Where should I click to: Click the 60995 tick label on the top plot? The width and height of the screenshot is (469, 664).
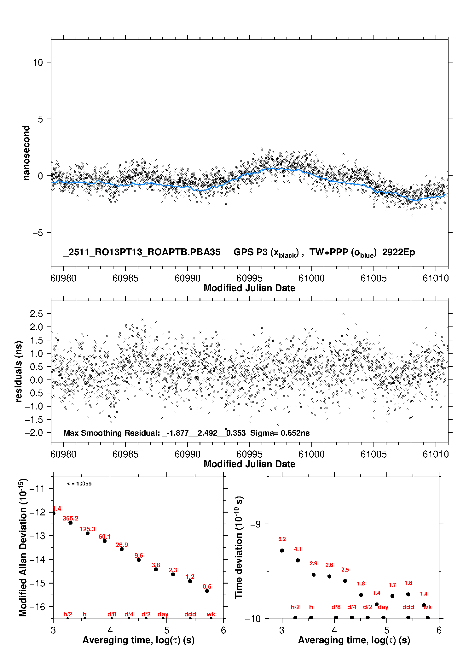coord(249,278)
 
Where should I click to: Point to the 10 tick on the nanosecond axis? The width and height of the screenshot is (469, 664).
coord(38,62)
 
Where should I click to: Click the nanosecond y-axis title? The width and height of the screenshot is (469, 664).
coord(26,153)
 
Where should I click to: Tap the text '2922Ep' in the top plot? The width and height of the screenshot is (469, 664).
coord(398,252)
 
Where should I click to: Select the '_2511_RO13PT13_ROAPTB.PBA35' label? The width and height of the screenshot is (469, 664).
coord(142,252)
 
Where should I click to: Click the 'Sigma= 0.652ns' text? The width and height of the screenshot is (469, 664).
coord(280,433)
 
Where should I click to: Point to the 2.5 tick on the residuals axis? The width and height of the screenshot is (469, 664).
coord(36,314)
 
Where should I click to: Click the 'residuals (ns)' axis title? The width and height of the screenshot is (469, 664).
coord(19,371)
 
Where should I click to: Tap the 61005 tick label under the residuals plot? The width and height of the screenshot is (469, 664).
coord(373,454)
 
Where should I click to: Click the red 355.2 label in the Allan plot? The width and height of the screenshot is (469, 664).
coord(71,519)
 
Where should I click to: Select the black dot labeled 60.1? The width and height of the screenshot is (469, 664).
coord(105,541)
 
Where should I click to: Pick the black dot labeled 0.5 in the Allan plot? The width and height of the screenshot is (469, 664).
coord(207,591)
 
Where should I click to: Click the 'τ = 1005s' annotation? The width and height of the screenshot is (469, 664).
coord(79,484)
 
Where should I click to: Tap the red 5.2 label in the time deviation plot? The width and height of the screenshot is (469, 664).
coord(282,539)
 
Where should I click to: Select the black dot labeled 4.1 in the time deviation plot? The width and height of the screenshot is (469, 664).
coord(298,560)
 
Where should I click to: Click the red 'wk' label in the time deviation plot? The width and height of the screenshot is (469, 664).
coord(428,607)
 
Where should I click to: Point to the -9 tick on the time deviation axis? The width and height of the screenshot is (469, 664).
coord(256,524)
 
